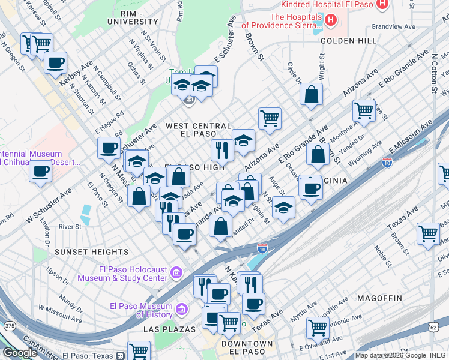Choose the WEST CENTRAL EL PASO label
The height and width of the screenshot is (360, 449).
198,130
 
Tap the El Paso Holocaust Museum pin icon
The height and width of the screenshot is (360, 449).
176,273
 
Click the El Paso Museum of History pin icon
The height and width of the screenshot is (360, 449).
180,310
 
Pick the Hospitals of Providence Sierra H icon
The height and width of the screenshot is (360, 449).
330,21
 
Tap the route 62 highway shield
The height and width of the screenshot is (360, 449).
433,327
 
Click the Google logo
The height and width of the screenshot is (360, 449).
20,353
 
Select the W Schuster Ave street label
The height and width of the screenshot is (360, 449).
48,205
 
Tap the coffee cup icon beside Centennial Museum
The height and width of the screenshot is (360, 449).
41,171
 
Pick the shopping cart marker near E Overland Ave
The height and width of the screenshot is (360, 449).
318,328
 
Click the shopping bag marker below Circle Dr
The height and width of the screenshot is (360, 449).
312,94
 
